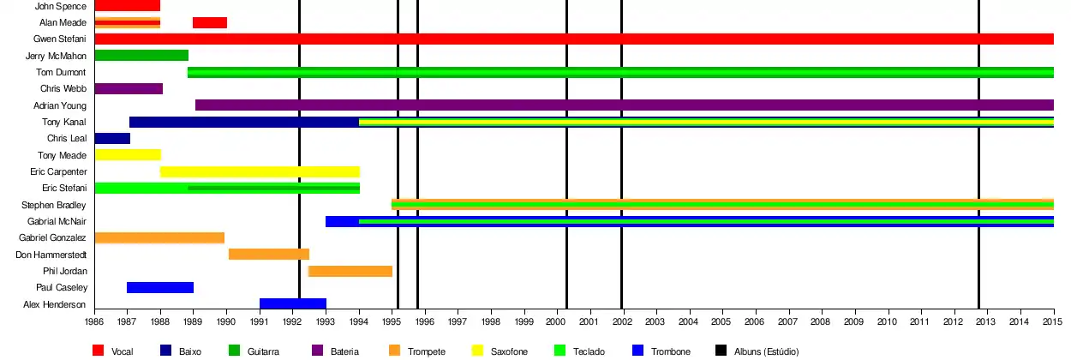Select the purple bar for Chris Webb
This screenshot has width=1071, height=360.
[129, 88]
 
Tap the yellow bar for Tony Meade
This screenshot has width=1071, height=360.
[128, 154]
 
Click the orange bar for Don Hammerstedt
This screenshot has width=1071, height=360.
[268, 254]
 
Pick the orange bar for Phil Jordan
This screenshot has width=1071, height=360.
[350, 271]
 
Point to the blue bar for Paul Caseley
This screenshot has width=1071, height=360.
[160, 287]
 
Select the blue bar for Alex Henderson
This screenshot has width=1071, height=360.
[293, 303]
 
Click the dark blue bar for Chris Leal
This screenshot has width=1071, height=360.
[112, 138]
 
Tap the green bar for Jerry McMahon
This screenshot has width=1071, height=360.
[141, 56]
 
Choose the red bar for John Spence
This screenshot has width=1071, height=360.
[128, 6]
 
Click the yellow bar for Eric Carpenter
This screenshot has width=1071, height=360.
[260, 171]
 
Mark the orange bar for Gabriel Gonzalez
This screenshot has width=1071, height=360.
[159, 237]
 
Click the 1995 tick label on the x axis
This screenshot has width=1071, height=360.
[391, 321]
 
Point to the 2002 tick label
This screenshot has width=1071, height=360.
[622, 321]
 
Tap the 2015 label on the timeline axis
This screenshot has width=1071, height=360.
[1051, 321]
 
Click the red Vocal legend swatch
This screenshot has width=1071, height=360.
[99, 351]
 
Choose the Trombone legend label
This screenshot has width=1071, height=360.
[671, 351]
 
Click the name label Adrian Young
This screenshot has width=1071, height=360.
[63, 105]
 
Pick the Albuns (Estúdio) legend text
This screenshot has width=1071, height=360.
[766, 351]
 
